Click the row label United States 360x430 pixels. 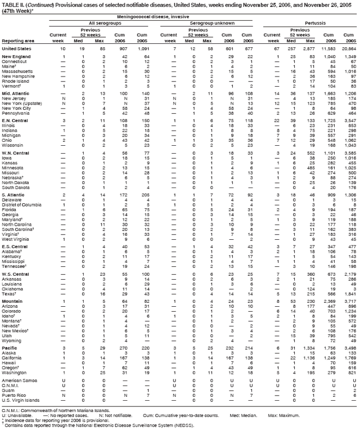click(x=16, y=48)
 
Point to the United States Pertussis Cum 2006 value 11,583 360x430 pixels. click(x=327, y=48)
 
